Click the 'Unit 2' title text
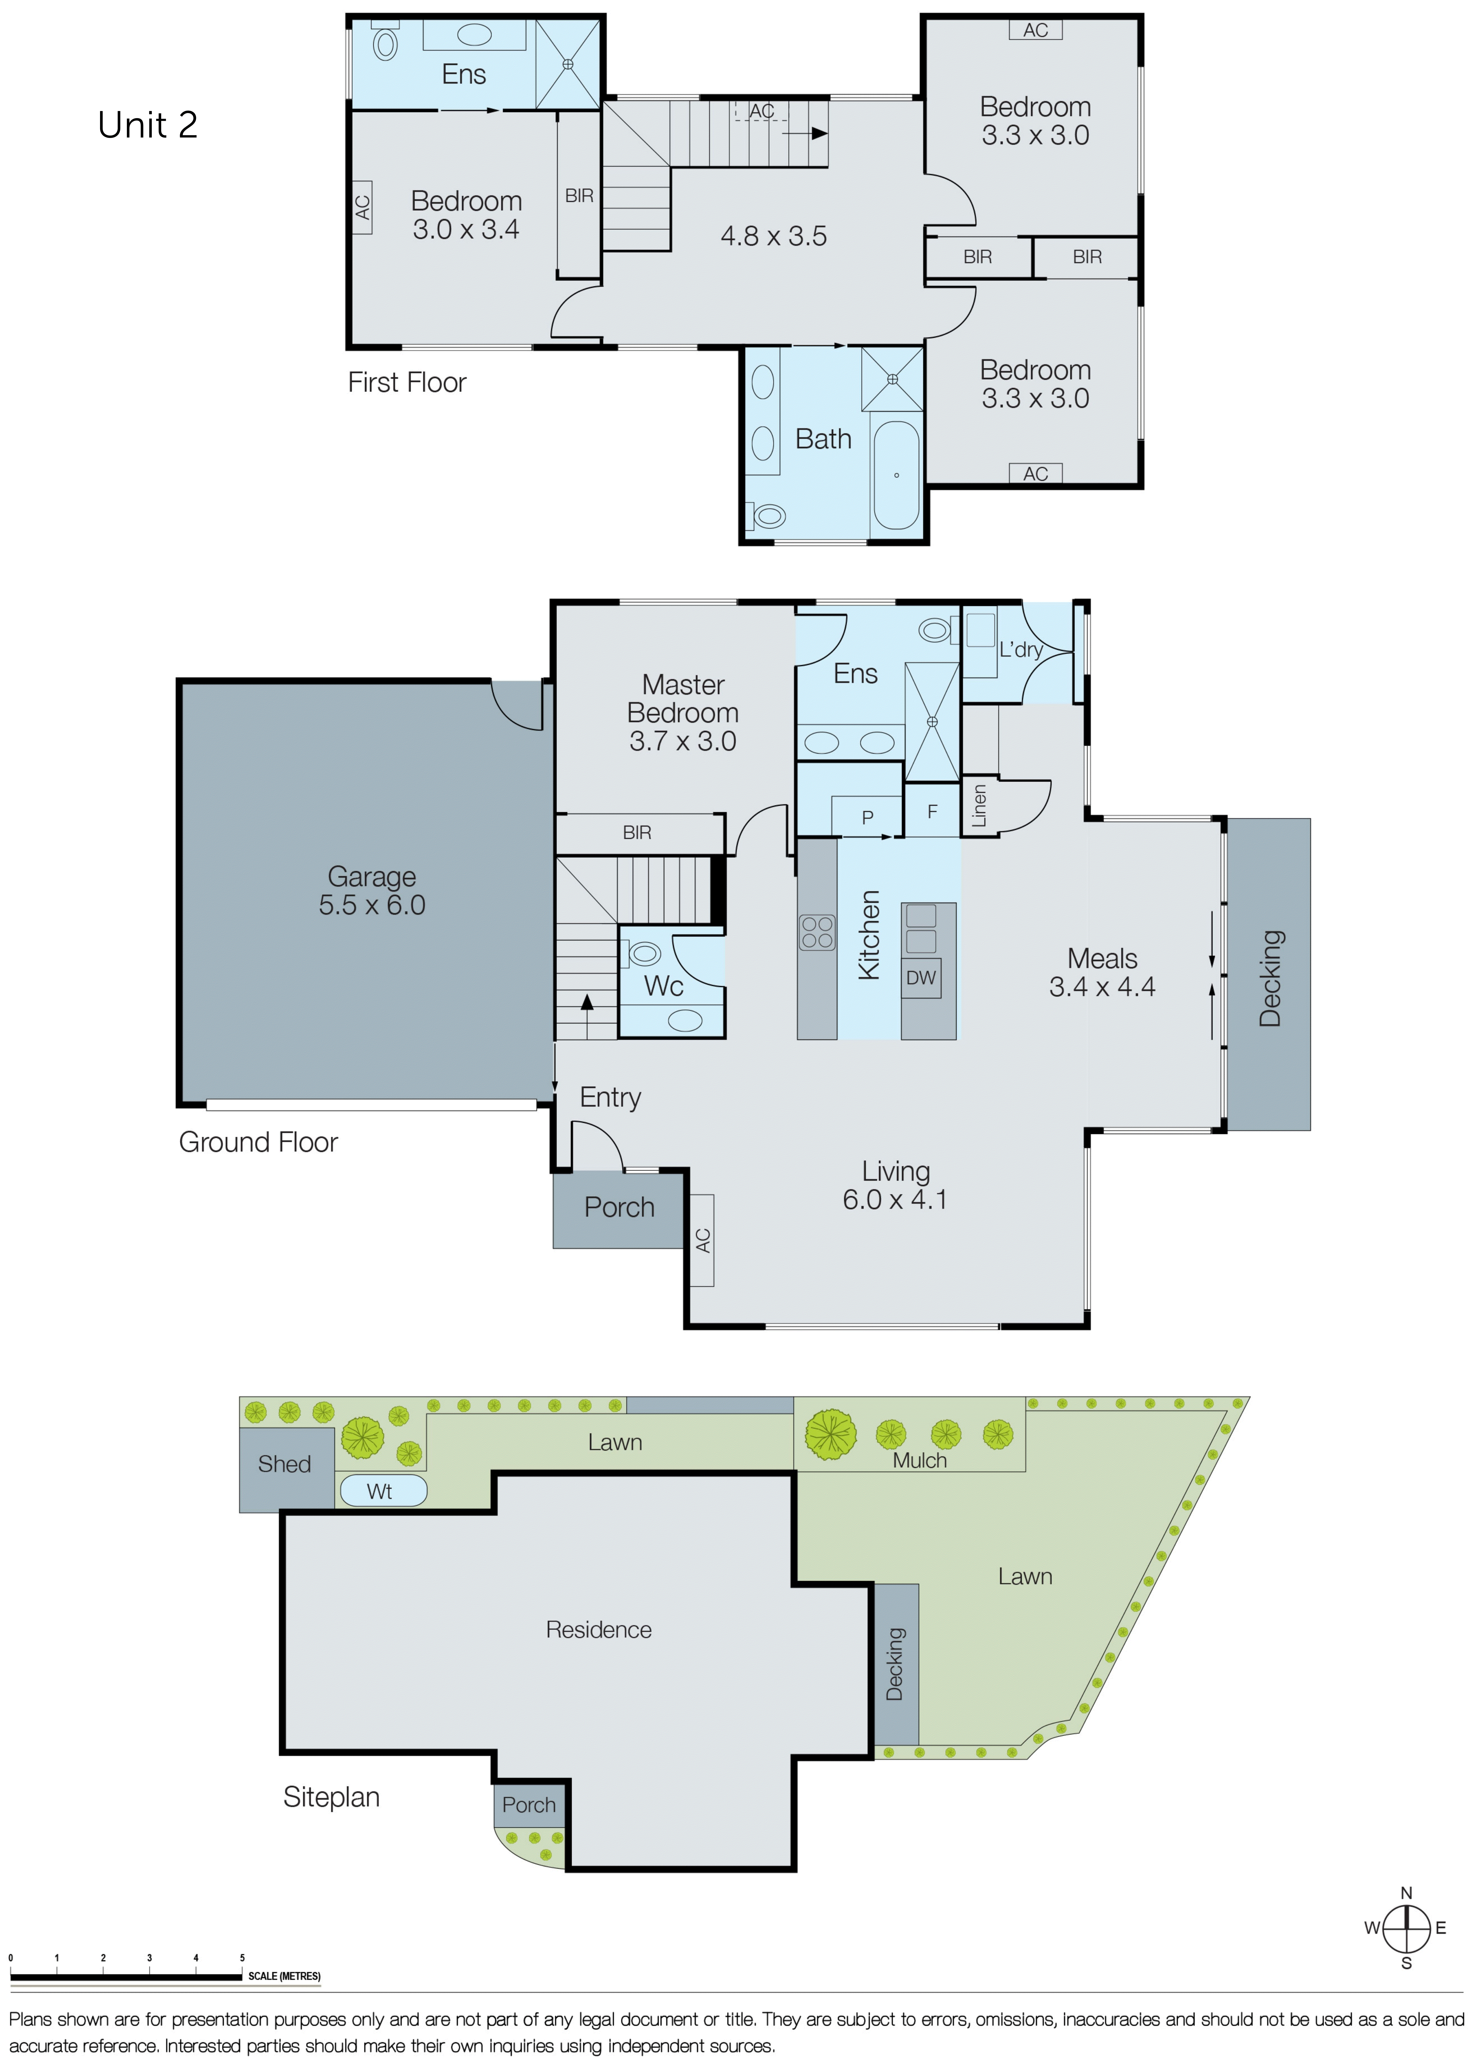[x=147, y=125]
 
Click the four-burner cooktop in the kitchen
[x=817, y=932]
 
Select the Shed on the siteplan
[x=285, y=1464]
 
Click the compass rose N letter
[x=1406, y=1893]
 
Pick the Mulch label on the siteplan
[x=920, y=1460]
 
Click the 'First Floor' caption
[x=406, y=383]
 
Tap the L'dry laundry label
[x=1021, y=649]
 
